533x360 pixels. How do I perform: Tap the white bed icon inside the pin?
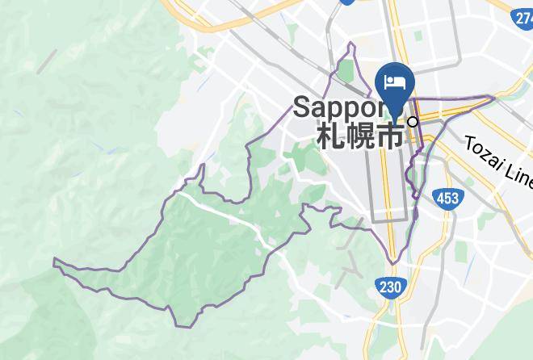pyautogui.click(x=395, y=82)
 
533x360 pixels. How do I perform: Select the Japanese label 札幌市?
pyautogui.click(x=360, y=134)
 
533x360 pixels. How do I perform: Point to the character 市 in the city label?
pyautogui.click(x=390, y=134)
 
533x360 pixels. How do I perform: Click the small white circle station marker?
pyautogui.click(x=413, y=122)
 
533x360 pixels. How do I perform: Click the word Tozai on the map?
pyautogui.click(x=485, y=151)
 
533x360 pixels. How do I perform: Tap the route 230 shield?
pyautogui.click(x=390, y=287)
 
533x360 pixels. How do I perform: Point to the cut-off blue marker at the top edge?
pyautogui.click(x=348, y=2)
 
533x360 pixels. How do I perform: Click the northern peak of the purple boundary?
pyautogui.click(x=352, y=43)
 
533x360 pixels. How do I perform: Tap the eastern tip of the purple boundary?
pyautogui.click(x=494, y=98)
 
